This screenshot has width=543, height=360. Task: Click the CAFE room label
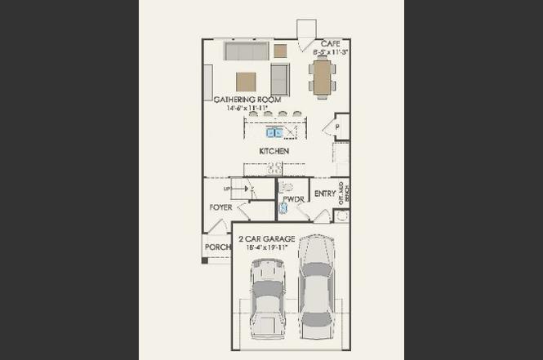330,43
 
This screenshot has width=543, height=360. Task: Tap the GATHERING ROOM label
247,100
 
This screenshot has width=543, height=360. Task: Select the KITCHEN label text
274,151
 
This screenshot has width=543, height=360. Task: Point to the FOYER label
220,207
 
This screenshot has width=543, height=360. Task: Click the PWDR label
293,199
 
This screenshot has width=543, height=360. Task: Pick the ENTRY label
324,193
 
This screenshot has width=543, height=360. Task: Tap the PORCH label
217,247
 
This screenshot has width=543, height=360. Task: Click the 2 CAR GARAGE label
266,239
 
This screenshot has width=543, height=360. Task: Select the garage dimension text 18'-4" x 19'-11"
266,247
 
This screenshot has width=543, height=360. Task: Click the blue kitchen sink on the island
274,132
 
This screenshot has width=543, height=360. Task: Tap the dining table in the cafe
323,78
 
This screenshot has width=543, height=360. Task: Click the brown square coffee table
247,81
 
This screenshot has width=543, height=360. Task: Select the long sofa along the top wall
247,51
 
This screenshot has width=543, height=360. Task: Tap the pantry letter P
336,127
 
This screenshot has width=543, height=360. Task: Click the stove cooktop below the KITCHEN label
274,168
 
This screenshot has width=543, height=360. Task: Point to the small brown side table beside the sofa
280,51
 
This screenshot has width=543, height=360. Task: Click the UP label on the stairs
227,189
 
